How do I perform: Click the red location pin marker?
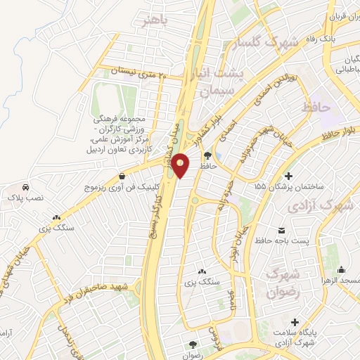[x=181, y=165]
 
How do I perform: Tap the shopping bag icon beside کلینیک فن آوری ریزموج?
[x=123, y=176]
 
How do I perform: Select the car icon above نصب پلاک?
[x=26, y=188]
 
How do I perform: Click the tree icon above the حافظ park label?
[x=207, y=155]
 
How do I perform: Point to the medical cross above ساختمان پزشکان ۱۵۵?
[x=288, y=175]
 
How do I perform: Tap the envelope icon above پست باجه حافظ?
[x=282, y=231]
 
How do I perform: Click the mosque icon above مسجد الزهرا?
[x=342, y=269]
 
